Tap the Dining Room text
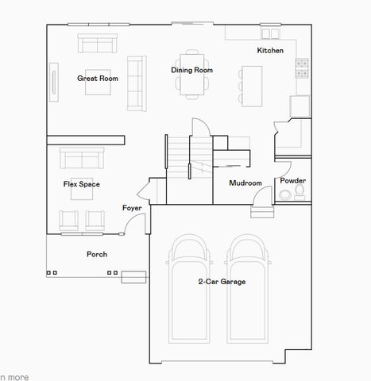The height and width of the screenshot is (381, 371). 191,70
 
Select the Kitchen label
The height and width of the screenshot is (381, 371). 269,51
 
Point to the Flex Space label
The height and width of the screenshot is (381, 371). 82,184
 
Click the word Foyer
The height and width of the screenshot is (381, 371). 132,208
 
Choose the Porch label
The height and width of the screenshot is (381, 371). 97,254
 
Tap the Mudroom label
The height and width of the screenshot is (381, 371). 245,183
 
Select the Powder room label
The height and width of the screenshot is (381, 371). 292,181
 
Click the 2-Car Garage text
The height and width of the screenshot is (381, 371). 222,281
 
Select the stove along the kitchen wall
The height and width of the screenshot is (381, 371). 303,69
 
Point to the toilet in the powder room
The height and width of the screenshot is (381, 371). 285,194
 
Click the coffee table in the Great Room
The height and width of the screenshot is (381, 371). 98,87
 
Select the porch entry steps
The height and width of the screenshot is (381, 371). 133,276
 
